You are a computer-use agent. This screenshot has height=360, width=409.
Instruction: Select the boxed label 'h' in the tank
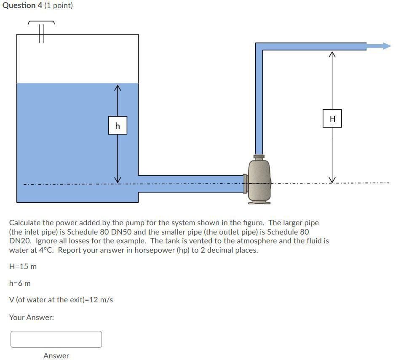click(x=118, y=125)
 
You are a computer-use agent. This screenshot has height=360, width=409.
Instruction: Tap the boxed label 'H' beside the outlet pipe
click(x=332, y=119)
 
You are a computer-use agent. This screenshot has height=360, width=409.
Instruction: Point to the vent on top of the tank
click(x=41, y=30)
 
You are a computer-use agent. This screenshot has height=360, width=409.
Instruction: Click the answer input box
click(x=56, y=339)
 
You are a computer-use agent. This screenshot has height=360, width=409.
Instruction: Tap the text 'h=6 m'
click(x=20, y=283)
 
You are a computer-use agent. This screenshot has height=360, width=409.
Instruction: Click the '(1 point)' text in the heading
click(x=59, y=5)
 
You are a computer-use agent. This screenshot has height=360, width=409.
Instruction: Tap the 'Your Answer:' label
click(x=32, y=317)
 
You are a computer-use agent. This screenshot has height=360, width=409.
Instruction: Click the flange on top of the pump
click(x=259, y=157)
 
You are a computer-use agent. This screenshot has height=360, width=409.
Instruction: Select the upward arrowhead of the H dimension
click(x=332, y=54)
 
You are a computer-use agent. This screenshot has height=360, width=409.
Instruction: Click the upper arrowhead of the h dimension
click(x=118, y=88)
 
